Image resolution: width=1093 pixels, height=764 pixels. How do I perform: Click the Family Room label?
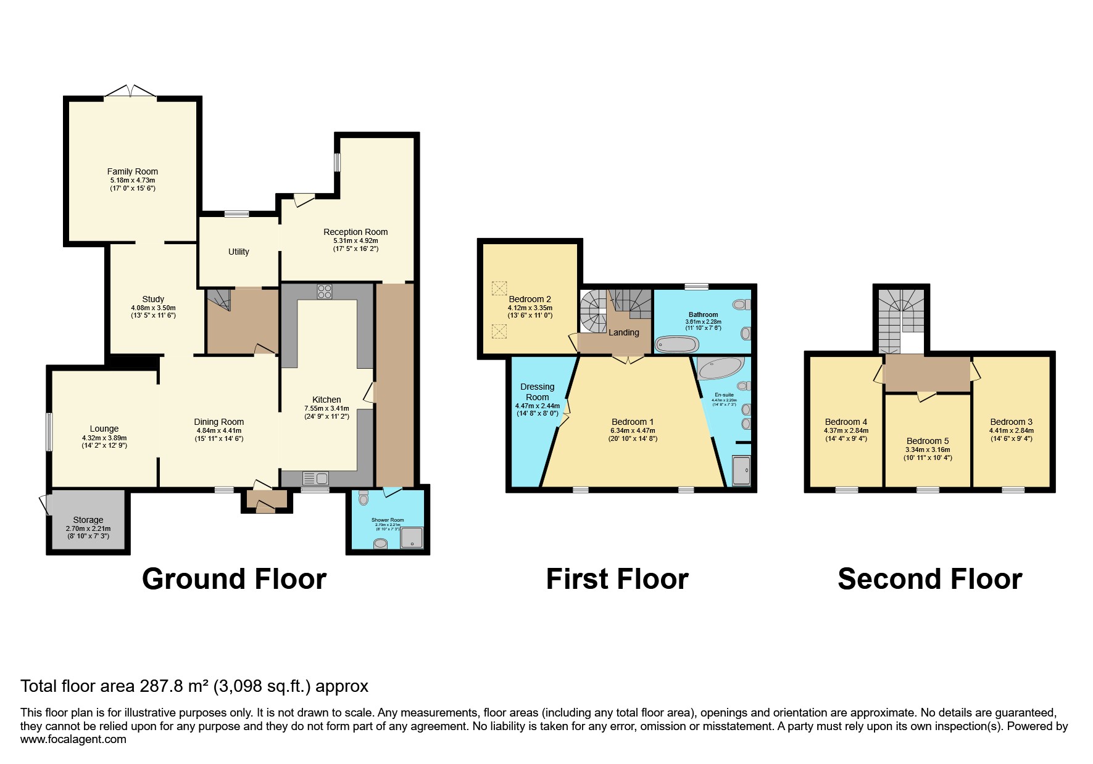click(x=132, y=171)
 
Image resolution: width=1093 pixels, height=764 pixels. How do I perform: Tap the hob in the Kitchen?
click(x=325, y=292)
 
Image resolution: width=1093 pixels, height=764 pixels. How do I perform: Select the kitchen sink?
click(x=315, y=478)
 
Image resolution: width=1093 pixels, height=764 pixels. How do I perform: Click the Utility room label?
click(x=238, y=252)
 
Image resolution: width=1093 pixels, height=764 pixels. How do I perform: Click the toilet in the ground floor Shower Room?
click(x=363, y=498)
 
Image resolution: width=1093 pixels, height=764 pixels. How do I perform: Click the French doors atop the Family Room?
click(x=130, y=92)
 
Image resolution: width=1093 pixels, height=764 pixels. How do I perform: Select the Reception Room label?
click(x=355, y=232)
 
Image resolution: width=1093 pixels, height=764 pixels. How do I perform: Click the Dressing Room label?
click(x=537, y=392)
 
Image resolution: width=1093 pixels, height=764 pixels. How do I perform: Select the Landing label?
click(x=623, y=332)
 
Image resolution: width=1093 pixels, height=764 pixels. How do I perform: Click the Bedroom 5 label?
click(x=927, y=441)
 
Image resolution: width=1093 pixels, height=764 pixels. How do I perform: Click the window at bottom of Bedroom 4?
click(x=846, y=490)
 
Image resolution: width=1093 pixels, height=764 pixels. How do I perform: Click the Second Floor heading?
click(x=929, y=579)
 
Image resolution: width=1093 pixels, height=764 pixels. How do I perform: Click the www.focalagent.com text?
click(x=73, y=739)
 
